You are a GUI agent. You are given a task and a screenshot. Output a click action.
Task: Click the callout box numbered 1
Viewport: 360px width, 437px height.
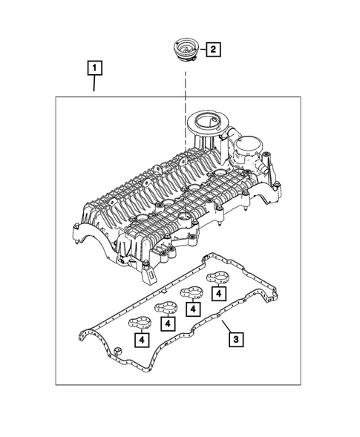[94, 70]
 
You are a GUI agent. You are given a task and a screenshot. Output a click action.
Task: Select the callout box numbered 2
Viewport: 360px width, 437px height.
[213, 50]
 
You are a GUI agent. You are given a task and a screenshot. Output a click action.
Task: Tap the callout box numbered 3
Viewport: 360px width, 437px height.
[235, 340]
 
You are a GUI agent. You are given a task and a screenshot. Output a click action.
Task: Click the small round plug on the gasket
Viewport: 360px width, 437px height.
[117, 349]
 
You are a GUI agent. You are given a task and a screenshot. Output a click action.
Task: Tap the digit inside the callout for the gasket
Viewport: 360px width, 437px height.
[235, 340]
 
